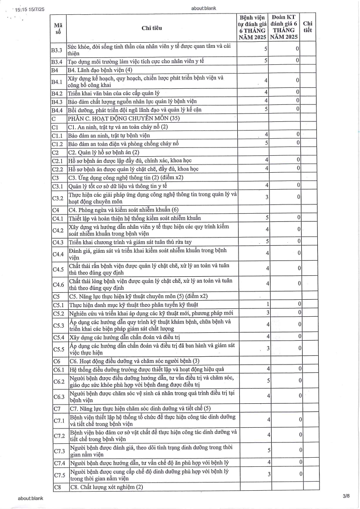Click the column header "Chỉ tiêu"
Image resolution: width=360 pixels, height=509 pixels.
click(151, 28)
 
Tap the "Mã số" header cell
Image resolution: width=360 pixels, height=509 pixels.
click(58, 28)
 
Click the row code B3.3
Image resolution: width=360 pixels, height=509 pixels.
click(57, 50)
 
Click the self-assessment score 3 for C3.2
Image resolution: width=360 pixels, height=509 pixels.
click(266, 197)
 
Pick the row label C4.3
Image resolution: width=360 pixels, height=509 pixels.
click(58, 242)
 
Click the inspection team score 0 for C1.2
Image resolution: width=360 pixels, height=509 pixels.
click(298, 143)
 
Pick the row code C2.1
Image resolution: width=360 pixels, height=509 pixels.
click(58, 161)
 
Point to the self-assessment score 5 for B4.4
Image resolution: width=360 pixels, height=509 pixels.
click(266, 109)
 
